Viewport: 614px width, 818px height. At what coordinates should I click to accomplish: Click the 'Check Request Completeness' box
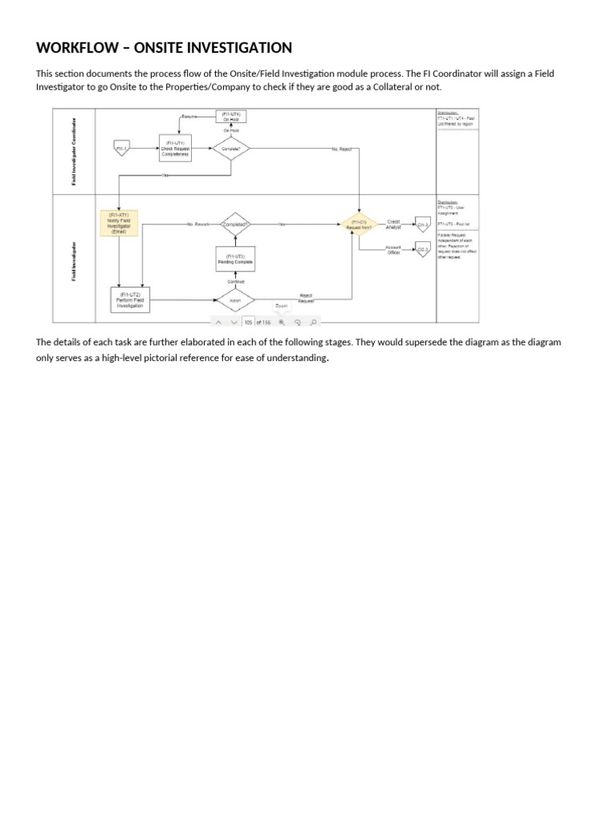pos(175,149)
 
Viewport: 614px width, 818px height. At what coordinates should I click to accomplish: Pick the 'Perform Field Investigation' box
pos(129,300)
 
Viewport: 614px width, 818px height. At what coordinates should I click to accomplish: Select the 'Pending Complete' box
pos(235,260)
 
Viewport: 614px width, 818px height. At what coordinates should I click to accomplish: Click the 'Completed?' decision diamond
pos(235,224)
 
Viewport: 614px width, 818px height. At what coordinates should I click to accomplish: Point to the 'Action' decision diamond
pos(235,300)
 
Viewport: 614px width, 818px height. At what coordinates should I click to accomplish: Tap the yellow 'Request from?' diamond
pos(359,224)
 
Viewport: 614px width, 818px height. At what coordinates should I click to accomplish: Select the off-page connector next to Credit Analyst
pos(423,224)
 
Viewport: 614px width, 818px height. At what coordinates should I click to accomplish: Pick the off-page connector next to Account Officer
pos(423,250)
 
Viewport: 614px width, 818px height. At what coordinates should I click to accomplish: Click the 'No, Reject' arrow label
pos(341,149)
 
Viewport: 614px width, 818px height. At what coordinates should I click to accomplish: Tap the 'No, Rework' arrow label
pos(197,224)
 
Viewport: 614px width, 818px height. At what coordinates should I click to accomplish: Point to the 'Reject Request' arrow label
pos(306,297)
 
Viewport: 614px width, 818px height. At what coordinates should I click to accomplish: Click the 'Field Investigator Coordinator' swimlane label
pos(75,152)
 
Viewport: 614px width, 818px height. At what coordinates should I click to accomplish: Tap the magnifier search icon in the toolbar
pos(313,322)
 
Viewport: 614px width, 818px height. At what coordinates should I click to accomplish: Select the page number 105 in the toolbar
pos(248,322)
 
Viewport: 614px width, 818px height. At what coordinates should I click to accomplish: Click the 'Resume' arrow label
pos(189,117)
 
